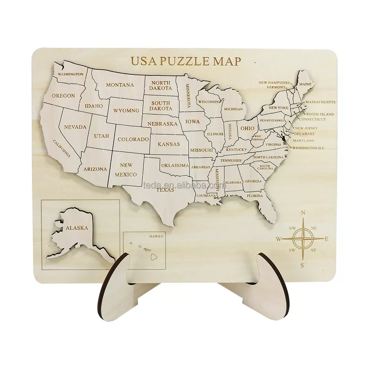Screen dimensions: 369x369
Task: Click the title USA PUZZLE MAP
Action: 186,61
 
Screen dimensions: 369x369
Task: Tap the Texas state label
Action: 165,189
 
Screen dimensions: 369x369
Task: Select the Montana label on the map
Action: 120,85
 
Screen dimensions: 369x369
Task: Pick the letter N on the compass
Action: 303,213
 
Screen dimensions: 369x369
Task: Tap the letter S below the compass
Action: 303,265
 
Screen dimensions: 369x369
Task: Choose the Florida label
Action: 255,196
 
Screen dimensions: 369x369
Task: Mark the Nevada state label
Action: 75,126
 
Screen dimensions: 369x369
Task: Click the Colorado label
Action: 133,139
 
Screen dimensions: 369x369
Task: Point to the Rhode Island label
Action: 320,114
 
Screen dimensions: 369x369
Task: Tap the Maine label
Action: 305,84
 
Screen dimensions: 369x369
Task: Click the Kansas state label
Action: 169,144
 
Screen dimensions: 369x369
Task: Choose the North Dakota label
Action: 161,85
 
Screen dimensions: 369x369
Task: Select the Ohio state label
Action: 247,128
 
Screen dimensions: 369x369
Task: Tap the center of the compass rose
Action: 303,239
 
